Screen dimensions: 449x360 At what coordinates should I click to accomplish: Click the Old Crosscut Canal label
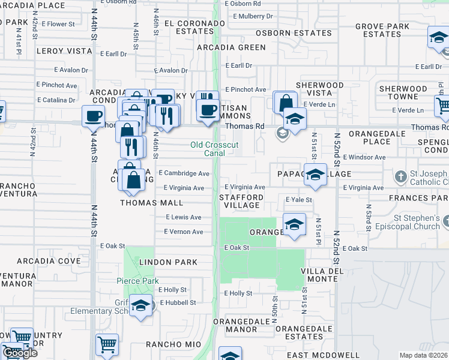click(214, 149)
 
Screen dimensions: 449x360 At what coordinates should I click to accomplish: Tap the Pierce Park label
click(137, 281)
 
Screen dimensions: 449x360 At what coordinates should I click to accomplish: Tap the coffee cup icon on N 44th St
click(93, 116)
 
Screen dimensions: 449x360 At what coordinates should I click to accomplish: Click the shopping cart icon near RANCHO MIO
click(106, 344)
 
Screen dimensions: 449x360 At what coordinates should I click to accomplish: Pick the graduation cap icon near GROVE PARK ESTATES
click(438, 38)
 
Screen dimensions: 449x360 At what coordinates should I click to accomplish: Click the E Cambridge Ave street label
click(184, 173)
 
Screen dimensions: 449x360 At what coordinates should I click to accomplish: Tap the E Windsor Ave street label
click(364, 157)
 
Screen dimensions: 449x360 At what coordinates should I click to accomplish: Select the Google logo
click(20, 353)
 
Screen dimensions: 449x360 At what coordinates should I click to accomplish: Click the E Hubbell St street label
click(177, 302)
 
